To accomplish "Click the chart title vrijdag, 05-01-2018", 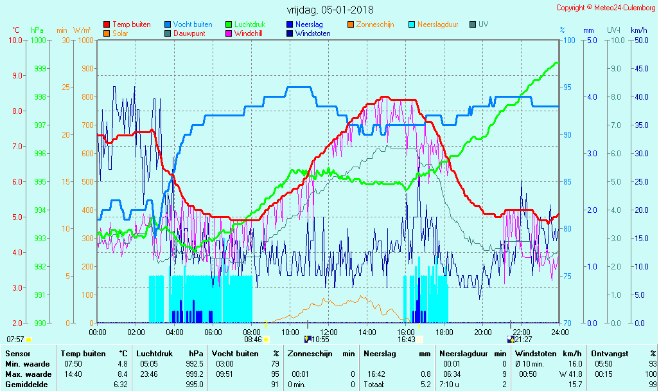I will click(329, 10).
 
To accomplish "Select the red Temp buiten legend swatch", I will click(107, 24).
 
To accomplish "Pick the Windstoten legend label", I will click(313, 33).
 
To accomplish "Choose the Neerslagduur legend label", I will click(438, 24).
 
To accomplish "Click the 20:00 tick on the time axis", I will click(482, 332).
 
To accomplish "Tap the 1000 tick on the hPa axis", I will click(39, 40).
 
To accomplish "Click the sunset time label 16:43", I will click(407, 340).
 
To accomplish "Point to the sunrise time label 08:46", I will click(252, 340).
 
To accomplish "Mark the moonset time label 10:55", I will click(321, 340).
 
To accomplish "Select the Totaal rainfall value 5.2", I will click(426, 385).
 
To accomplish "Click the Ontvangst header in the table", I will click(610, 354).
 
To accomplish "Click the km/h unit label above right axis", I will click(638, 30).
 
